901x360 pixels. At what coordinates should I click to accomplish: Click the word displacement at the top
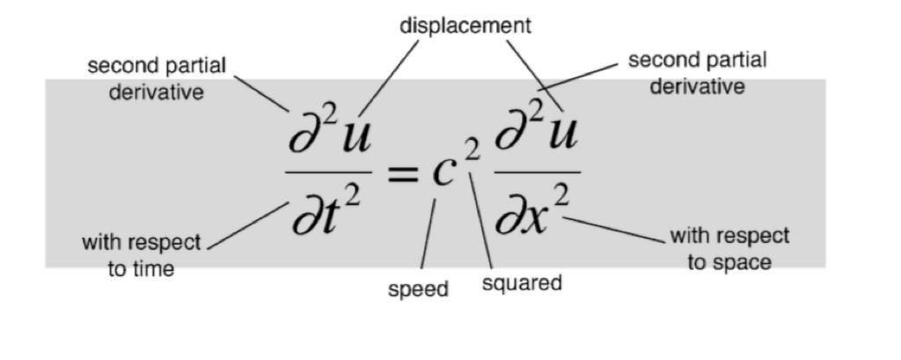tap(465, 26)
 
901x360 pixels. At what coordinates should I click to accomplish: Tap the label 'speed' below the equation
tap(418, 289)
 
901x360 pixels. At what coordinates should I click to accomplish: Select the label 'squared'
tap(522, 283)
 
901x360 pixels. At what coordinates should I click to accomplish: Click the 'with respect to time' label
tap(142, 255)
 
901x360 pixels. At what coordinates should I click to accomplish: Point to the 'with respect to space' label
tap(729, 248)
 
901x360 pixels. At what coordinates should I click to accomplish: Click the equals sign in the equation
tap(402, 173)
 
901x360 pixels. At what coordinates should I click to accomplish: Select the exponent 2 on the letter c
tap(472, 152)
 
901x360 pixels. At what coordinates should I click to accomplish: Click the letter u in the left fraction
tap(354, 137)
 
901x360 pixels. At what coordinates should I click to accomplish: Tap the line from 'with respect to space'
tap(616, 230)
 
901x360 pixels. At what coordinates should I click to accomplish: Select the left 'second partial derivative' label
tap(157, 78)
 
